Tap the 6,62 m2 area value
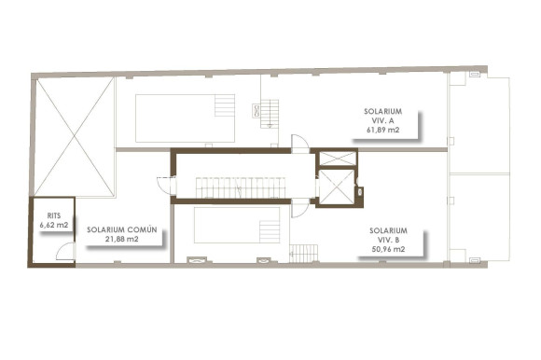coord(53,226)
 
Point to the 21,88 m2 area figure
coord(121,240)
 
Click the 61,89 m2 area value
coord(383,130)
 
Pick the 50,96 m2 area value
coord(387,249)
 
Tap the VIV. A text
coord(383,119)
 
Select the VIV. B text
coord(387,239)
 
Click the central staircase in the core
coord(240,188)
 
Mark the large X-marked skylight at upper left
coord(75,136)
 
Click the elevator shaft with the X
coord(336,186)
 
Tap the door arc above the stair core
coord(299,143)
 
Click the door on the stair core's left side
coord(163,186)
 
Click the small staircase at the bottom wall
coord(303,254)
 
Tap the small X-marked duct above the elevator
coord(336,157)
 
